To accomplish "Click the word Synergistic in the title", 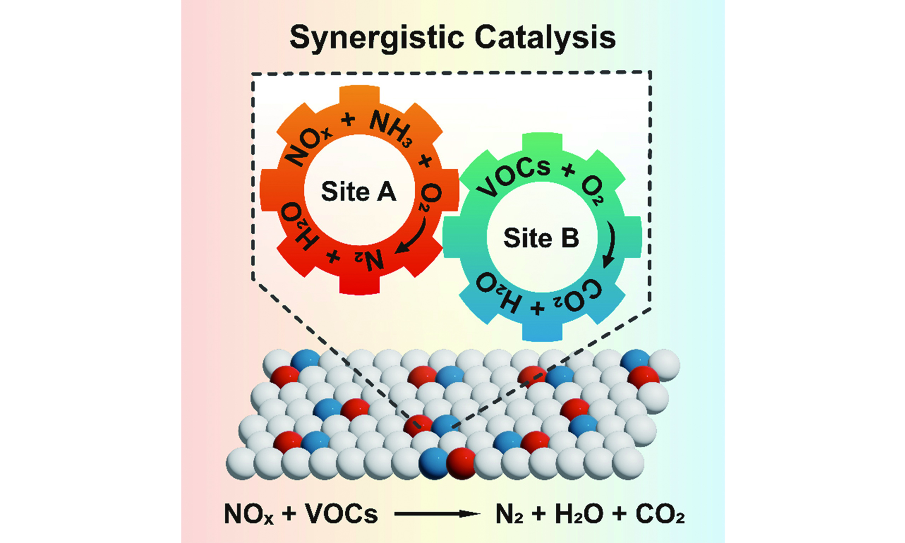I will (x=377, y=38).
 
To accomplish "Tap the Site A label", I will (x=358, y=191).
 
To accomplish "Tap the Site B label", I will (x=541, y=238).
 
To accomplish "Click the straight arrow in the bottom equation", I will (x=437, y=514).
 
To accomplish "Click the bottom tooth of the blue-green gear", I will (x=542, y=331).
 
